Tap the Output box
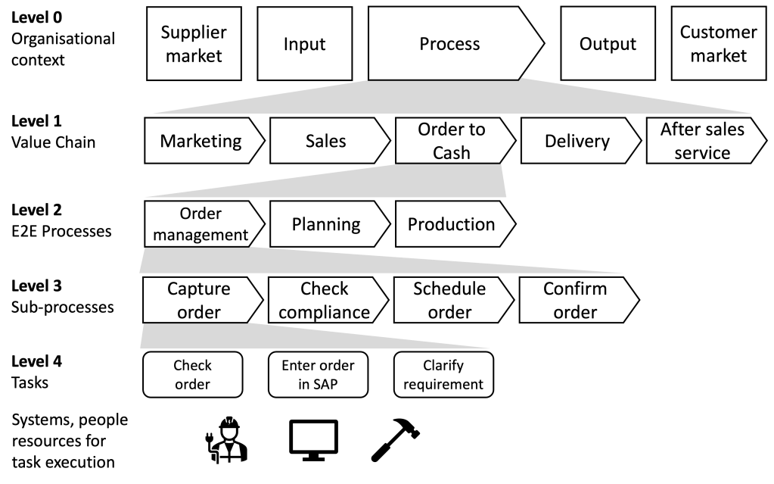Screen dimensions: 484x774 [x=608, y=44]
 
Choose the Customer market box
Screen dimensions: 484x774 [x=718, y=44]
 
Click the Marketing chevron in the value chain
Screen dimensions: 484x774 [x=201, y=141]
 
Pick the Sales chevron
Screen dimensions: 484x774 [x=326, y=141]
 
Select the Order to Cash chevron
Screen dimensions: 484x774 [x=452, y=141]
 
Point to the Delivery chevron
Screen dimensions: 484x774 [x=577, y=141]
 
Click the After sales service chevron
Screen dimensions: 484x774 [x=702, y=141]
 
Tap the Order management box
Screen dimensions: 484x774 [x=200, y=224]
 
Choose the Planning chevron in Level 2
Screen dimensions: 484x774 [x=326, y=224]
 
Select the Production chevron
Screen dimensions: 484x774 [x=452, y=224]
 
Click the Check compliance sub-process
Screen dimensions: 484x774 [x=325, y=300]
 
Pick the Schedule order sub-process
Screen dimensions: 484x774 [x=449, y=300]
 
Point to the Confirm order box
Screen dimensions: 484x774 [x=575, y=300]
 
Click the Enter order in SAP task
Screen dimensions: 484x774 [x=318, y=374]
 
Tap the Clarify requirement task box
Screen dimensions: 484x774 [x=443, y=374]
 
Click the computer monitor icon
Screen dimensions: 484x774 [x=314, y=440]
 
